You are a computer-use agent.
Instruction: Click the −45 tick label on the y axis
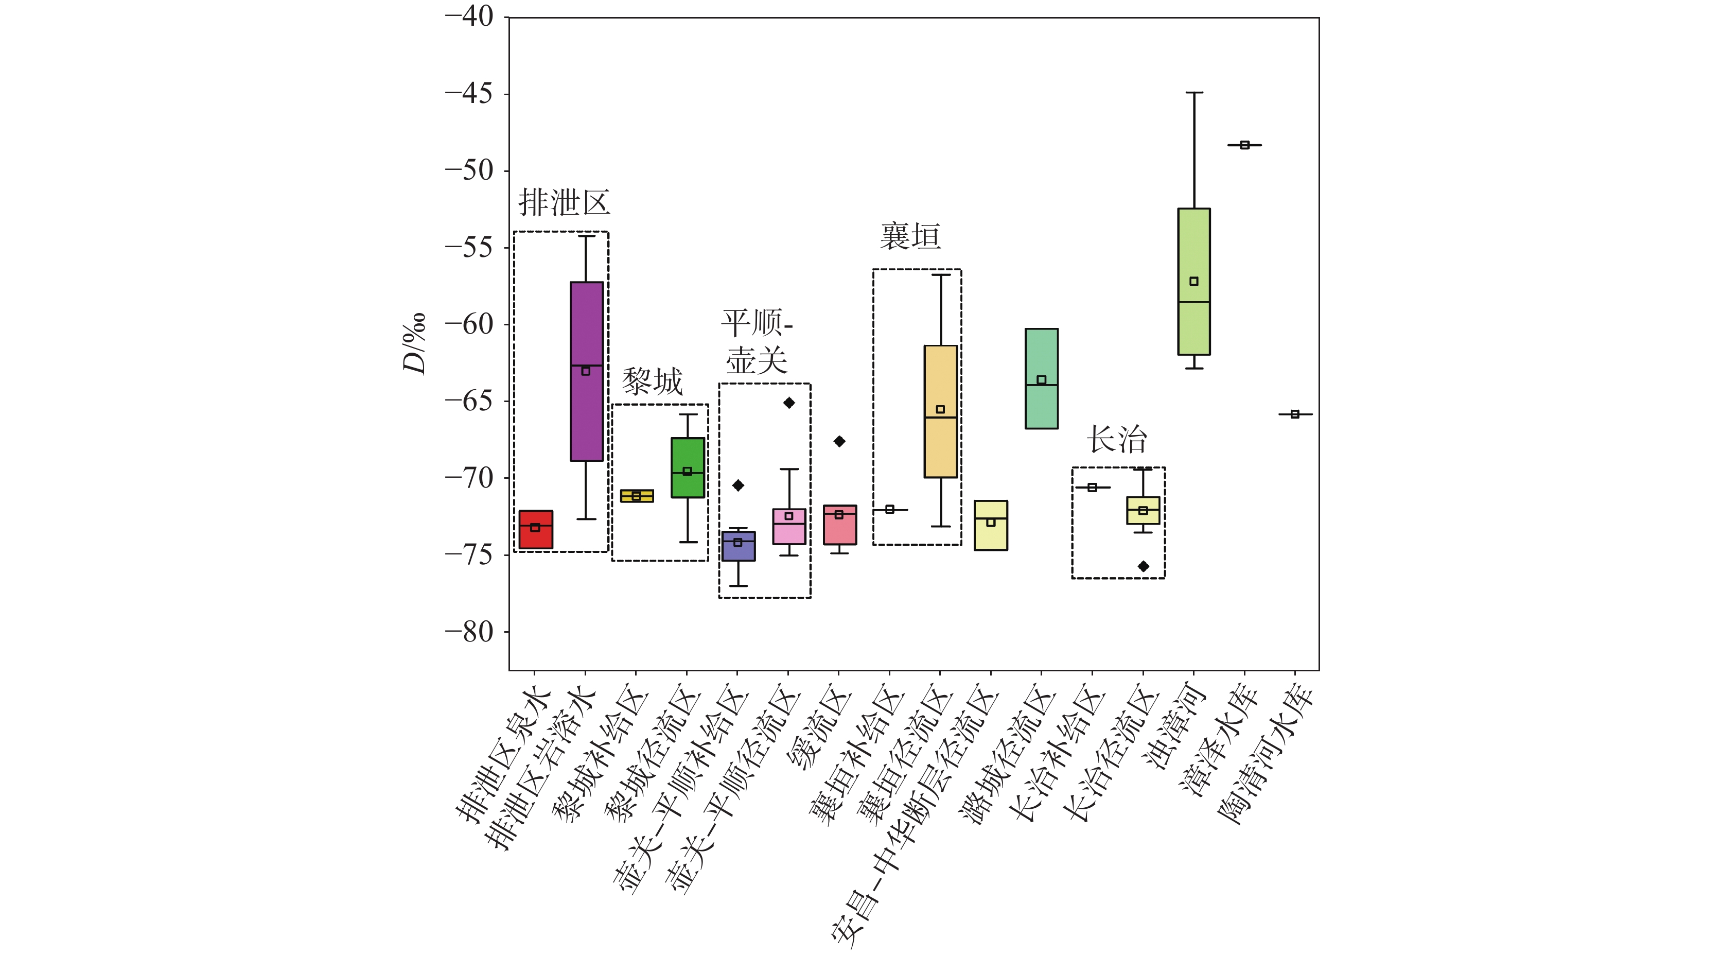[x=469, y=94]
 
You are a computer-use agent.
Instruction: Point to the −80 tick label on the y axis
[x=469, y=631]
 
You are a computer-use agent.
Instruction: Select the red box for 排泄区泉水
[x=535, y=530]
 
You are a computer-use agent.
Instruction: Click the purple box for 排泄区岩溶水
[x=586, y=371]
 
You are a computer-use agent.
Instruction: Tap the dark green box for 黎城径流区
[x=687, y=467]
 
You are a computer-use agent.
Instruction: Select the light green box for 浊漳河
[x=1193, y=282]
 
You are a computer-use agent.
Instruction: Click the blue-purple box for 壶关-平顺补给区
[x=738, y=546]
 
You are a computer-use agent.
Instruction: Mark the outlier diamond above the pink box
[x=789, y=403]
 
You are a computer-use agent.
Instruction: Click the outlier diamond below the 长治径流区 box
[x=1143, y=566]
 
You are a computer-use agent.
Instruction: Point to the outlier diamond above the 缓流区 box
[x=839, y=441]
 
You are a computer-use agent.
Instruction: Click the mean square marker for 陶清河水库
[x=1295, y=414]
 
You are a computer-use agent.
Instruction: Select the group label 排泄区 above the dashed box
[x=564, y=202]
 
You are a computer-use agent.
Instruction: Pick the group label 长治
[x=1116, y=439]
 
